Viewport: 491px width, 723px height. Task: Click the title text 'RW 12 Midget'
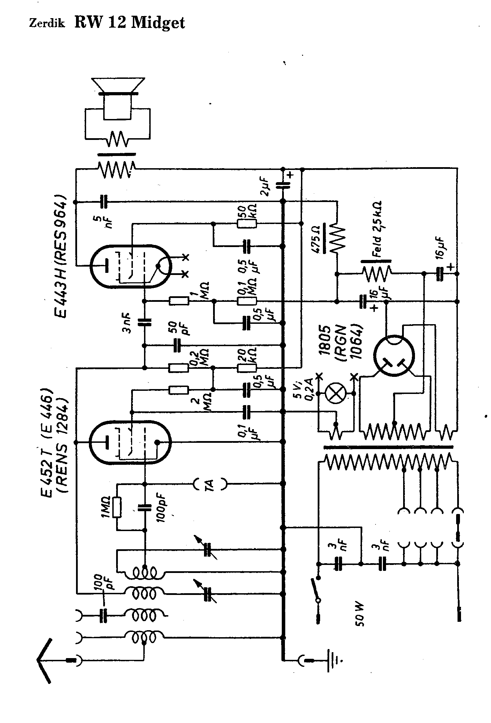[130, 23]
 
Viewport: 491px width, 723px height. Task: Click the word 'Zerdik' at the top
[47, 25]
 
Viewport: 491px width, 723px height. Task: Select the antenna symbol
[45, 661]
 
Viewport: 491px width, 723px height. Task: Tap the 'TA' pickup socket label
[210, 484]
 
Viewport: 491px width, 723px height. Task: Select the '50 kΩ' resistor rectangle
[247, 224]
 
